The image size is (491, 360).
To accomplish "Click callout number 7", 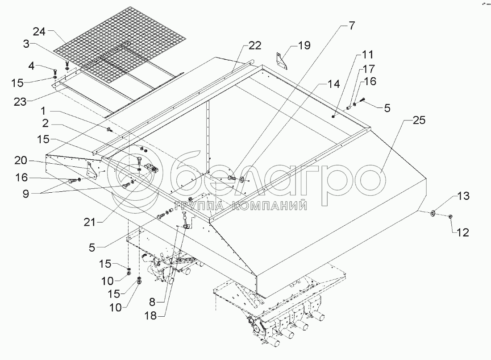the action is (x=351, y=25).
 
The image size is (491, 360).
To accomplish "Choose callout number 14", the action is (x=333, y=83).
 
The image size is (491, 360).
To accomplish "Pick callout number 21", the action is (x=91, y=221).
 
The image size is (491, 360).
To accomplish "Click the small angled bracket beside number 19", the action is (x=281, y=59).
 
